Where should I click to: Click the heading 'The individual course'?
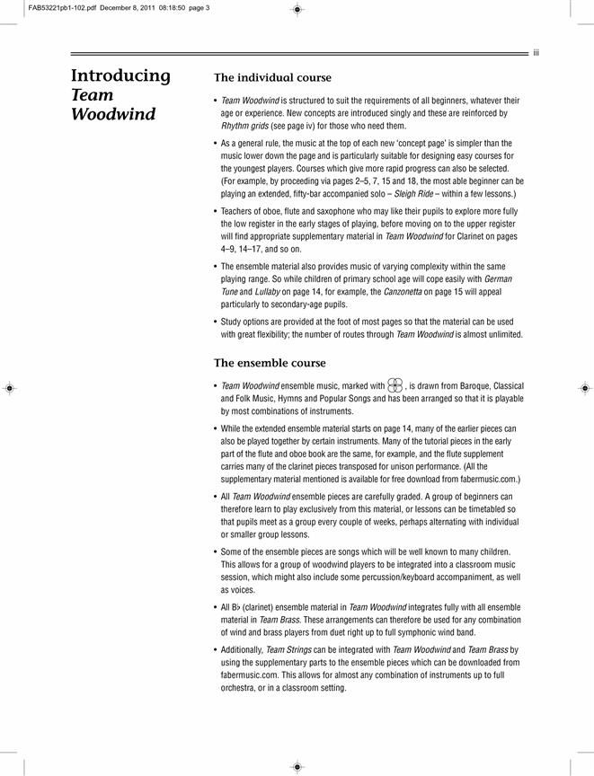pos(272,78)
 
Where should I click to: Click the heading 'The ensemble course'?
pos(270,363)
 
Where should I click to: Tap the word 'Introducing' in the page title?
pos(120,75)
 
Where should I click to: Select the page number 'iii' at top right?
pos(536,53)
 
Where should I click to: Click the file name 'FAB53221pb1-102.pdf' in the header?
pos(45,8)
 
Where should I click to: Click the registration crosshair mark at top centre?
pos(297,10)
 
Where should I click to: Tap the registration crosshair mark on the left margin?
pos(9,389)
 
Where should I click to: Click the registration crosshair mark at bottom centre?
pos(297,766)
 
